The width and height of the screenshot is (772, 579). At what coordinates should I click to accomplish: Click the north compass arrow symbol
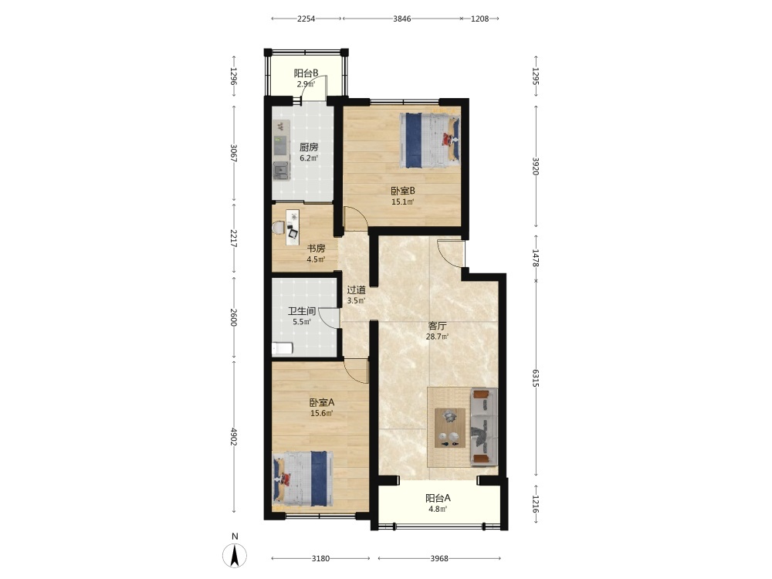point(235,556)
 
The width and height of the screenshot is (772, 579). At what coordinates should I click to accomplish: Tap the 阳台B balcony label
point(306,73)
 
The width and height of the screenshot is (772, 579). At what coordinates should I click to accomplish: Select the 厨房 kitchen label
point(309,147)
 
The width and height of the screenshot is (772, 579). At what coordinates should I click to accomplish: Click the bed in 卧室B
point(430,141)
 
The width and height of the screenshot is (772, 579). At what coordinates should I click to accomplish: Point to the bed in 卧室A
point(303,479)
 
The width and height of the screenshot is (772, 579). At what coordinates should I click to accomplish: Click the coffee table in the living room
point(450,428)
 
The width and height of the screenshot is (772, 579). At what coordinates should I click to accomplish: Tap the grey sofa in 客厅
point(483,426)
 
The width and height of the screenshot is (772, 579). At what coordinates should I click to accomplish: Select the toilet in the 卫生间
point(282,349)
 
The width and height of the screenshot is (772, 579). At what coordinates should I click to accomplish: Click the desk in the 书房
point(293,228)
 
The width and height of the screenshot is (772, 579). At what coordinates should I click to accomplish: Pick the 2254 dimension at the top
point(306,19)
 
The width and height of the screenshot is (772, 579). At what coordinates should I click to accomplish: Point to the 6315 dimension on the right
point(536,378)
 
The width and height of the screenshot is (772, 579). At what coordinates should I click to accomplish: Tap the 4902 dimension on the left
point(234,437)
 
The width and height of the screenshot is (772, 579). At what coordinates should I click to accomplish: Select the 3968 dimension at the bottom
point(439,558)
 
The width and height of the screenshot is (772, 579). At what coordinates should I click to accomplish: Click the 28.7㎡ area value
point(437,337)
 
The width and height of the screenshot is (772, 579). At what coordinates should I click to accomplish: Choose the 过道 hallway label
point(356,290)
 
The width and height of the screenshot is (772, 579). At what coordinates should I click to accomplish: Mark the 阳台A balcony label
point(438,498)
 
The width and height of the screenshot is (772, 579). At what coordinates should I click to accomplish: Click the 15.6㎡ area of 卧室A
point(321,413)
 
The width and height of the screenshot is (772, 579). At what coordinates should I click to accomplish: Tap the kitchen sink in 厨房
point(281,171)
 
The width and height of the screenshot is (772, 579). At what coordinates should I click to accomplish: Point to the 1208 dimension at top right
point(479,19)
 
